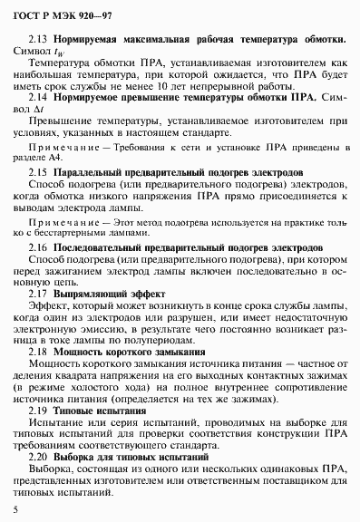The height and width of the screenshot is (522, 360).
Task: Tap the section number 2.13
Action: (x=39, y=41)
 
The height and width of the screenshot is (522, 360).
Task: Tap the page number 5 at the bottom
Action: (x=16, y=511)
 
